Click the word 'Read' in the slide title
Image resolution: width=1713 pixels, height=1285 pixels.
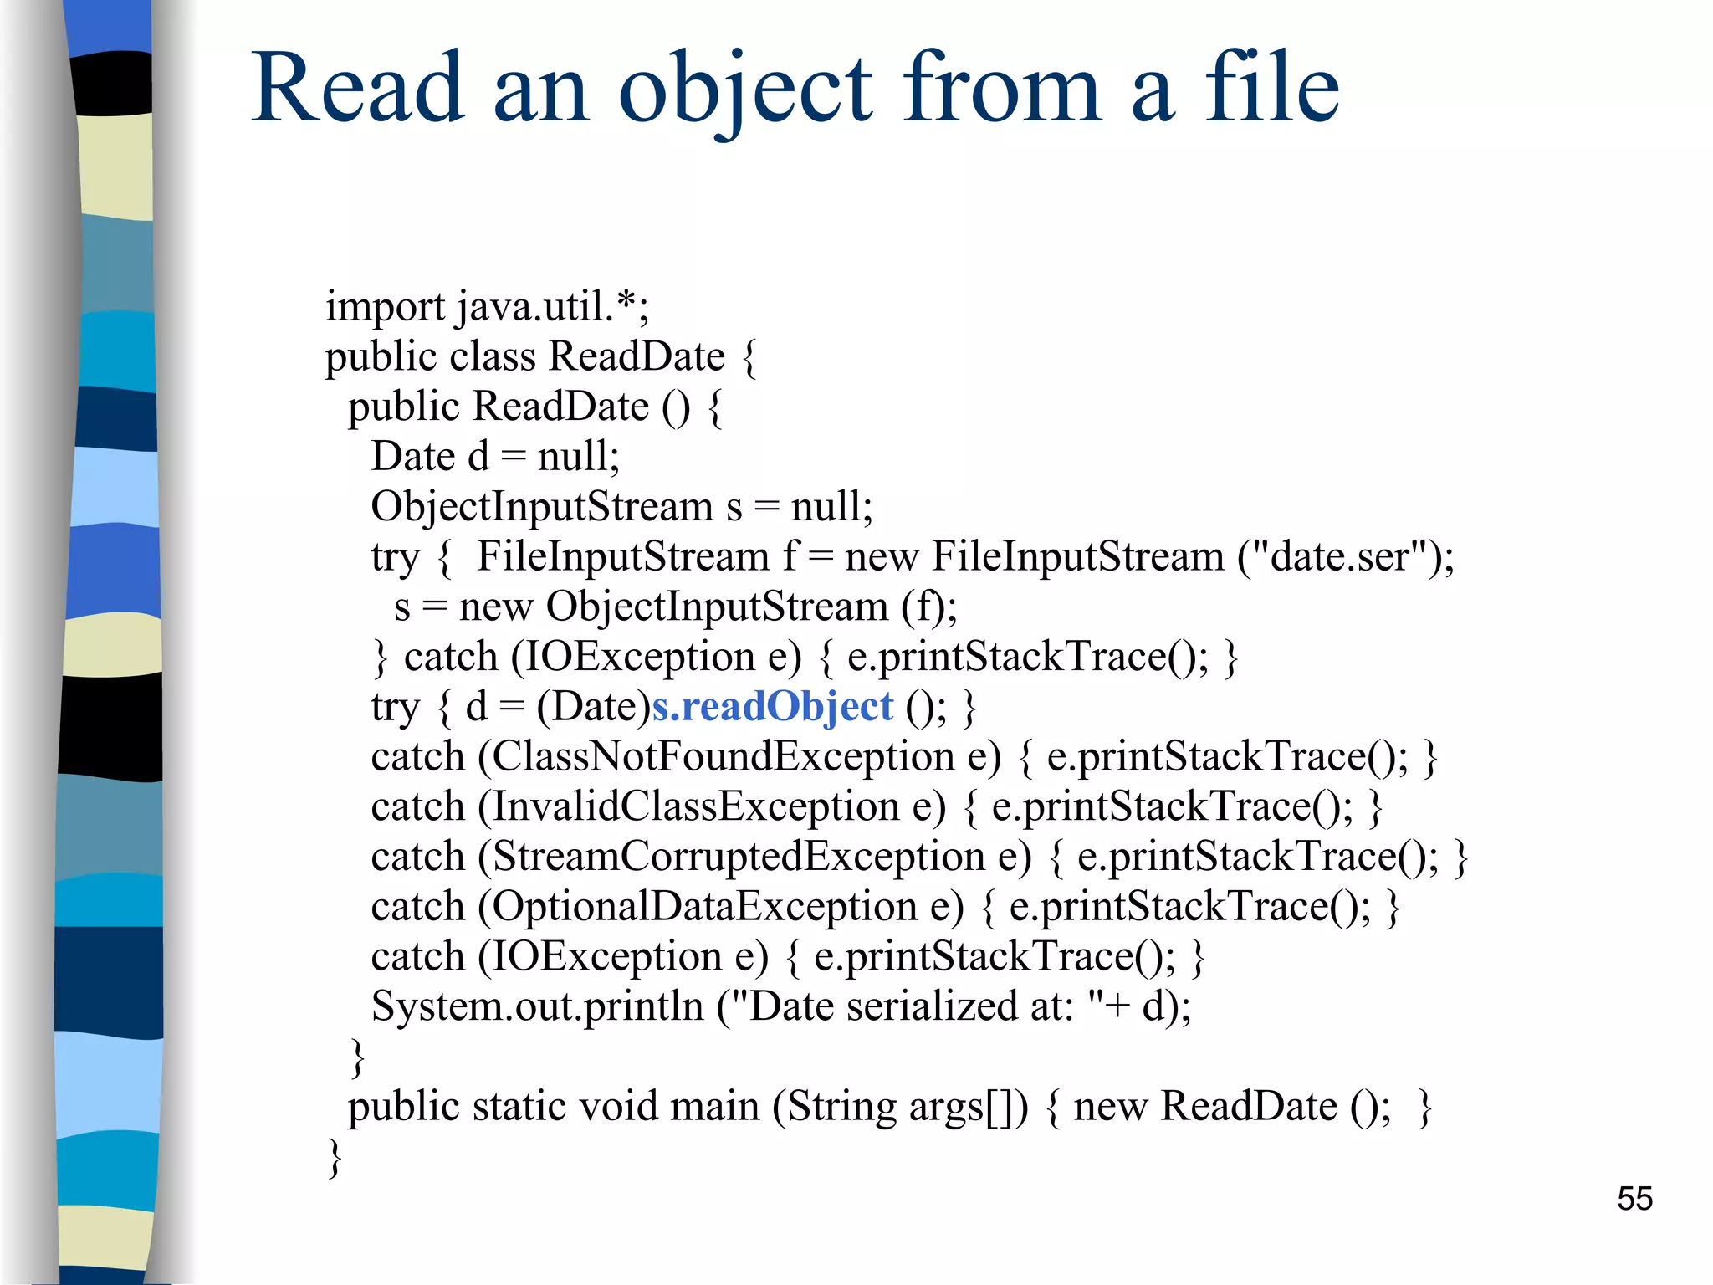[357, 88]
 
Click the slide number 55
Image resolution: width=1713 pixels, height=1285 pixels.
[1634, 1199]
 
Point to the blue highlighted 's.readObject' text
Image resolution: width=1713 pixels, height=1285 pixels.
[772, 707]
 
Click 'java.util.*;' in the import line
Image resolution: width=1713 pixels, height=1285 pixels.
[553, 307]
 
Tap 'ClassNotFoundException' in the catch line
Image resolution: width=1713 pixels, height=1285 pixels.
[724, 757]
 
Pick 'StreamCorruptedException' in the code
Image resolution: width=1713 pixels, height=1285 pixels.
[739, 858]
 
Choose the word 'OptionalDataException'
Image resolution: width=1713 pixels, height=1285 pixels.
[704, 907]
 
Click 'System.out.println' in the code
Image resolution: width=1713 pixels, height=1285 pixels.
[537, 1006]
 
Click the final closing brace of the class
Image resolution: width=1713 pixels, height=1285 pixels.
[335, 1158]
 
